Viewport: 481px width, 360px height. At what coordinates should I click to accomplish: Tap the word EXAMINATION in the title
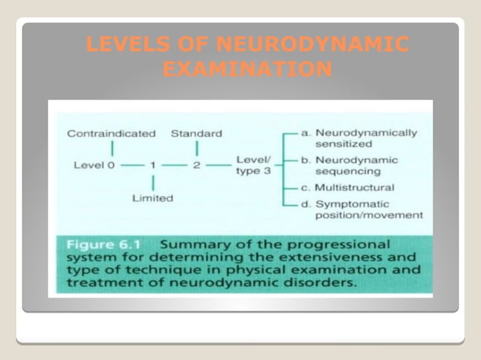pyautogui.click(x=247, y=71)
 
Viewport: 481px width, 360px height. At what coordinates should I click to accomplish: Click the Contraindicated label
pyautogui.click(x=111, y=133)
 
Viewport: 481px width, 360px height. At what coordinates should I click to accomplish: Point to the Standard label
pyautogui.click(x=196, y=133)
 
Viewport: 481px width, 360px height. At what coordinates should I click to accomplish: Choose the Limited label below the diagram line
pyautogui.click(x=152, y=198)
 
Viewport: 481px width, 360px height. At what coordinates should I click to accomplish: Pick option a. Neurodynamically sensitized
pyautogui.click(x=359, y=138)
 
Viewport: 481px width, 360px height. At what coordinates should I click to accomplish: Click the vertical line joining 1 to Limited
pyautogui.click(x=153, y=182)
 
